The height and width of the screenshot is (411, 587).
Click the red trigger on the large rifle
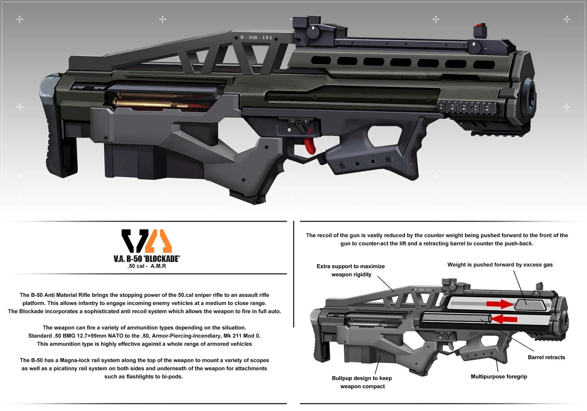tap(310, 145)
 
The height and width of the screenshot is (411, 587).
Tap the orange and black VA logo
tap(147, 241)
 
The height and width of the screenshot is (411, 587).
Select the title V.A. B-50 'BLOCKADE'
tap(147, 259)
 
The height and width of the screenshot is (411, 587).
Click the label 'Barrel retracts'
tap(546, 357)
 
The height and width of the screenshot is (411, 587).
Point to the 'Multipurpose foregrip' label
tap(499, 377)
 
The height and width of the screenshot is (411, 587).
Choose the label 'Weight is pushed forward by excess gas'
tap(500, 265)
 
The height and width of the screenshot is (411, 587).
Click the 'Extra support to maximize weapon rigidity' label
tap(351, 270)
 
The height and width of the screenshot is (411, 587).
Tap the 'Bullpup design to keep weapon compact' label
tap(362, 382)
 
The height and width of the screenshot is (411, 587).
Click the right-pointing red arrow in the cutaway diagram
tap(500, 304)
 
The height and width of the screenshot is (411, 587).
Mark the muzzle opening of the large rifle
tap(531, 96)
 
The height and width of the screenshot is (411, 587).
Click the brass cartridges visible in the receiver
tap(154, 101)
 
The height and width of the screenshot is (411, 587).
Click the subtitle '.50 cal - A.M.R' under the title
tap(147, 266)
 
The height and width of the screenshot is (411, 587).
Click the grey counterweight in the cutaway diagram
tap(528, 305)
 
